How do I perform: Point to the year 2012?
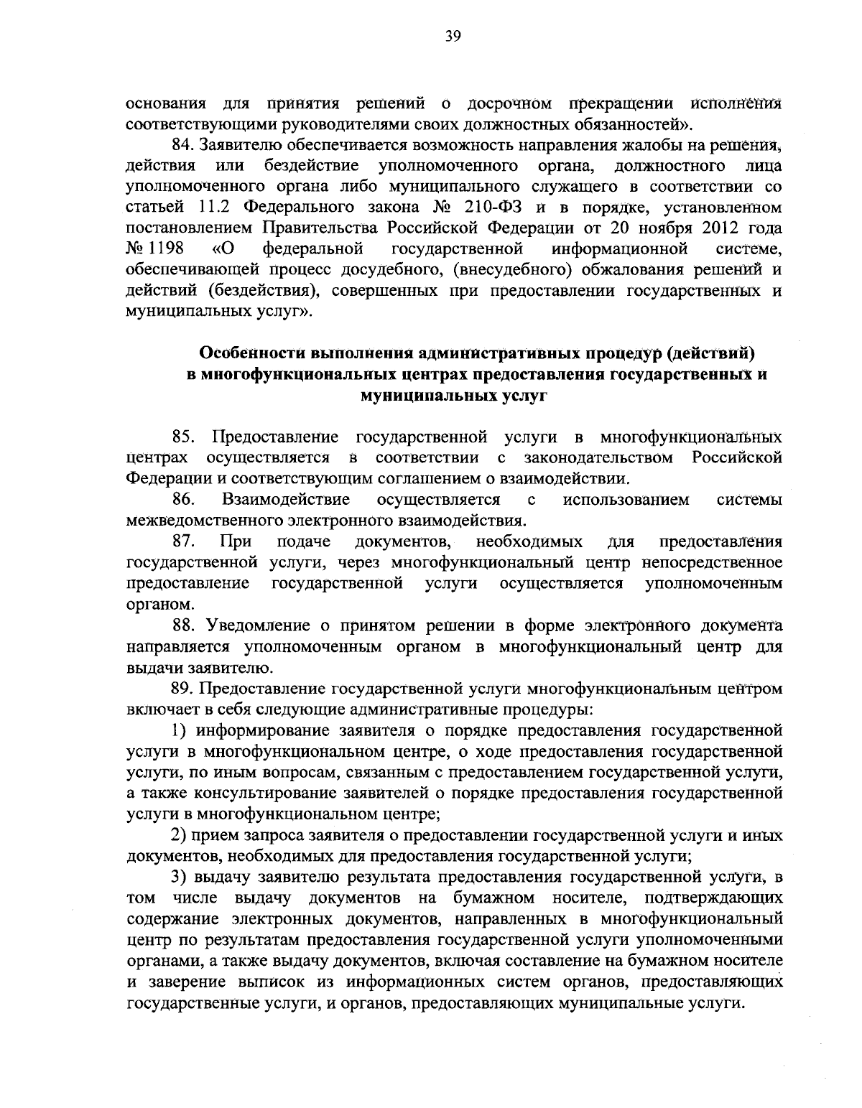[705, 229]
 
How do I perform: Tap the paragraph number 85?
[184, 437]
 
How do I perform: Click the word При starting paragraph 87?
[236, 541]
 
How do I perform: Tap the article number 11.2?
[211, 208]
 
